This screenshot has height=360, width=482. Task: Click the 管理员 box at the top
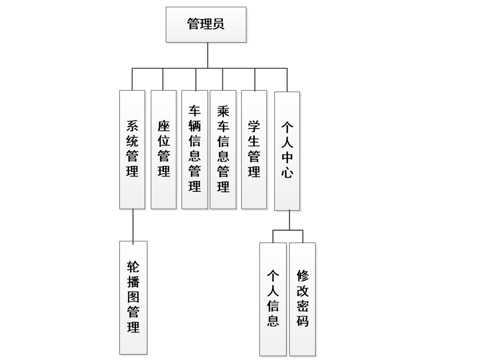click(206, 25)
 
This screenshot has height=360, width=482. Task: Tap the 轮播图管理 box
click(133, 297)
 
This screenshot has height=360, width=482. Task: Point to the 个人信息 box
click(273, 299)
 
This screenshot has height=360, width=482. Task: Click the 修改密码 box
click(302, 299)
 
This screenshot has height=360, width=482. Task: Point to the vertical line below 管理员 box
click(208, 54)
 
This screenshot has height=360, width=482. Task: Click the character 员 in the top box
click(218, 24)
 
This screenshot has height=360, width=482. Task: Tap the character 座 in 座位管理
click(163, 127)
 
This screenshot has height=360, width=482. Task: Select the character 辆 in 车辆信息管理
click(195, 127)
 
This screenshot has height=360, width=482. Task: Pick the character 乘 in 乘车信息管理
click(223, 111)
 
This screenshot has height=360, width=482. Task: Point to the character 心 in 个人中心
click(287, 173)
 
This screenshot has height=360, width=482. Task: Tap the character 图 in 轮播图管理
click(133, 297)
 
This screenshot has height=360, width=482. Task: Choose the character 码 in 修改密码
click(302, 321)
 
